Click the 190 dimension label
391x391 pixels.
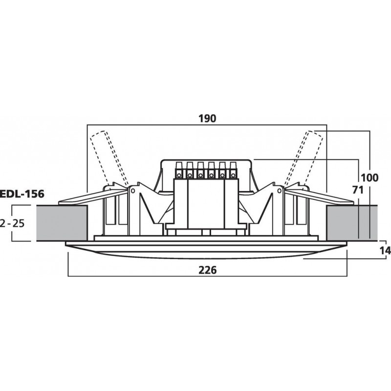207,118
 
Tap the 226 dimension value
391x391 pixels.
207,270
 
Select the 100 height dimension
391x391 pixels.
369,178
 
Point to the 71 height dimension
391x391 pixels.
358,190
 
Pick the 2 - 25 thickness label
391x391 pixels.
12,223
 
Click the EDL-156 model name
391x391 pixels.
22,194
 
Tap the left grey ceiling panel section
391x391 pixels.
62,223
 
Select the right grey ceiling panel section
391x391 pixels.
351,223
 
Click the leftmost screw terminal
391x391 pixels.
179,170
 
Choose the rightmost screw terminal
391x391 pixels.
233,170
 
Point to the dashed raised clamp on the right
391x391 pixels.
304,158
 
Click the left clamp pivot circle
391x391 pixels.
133,191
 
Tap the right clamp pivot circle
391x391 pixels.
279,191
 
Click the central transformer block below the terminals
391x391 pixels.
206,203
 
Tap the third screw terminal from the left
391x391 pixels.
200,170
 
